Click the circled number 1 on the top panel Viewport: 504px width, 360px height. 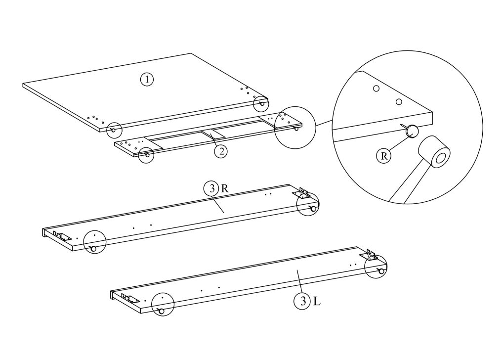(147, 80)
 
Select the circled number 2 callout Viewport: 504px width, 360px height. (221, 151)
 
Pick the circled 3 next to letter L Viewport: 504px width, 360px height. (301, 300)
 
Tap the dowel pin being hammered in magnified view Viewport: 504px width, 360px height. (411, 131)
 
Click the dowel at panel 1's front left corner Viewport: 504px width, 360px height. (113, 130)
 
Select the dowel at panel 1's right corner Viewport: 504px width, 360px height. (262, 104)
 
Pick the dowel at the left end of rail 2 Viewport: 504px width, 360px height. (147, 154)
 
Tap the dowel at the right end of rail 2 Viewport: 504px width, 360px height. (296, 129)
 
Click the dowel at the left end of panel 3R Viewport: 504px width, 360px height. (93, 249)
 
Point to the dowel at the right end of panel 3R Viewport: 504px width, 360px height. (313, 209)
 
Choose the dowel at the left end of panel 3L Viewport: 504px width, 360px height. (161, 310)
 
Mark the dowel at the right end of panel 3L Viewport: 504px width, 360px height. (380, 271)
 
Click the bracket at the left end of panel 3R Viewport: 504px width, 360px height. (61, 236)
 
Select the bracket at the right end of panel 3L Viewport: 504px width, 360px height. (369, 255)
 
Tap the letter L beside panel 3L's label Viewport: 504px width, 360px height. (317, 300)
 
